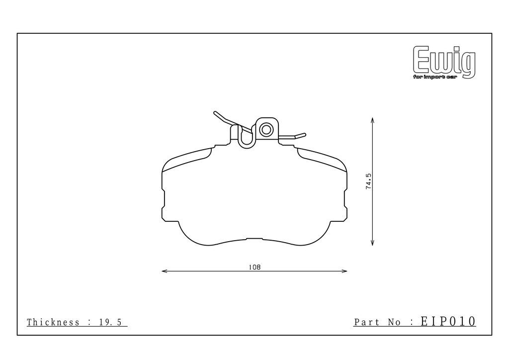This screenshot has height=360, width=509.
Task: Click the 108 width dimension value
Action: point(254,268)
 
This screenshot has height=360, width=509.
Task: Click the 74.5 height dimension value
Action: point(368,181)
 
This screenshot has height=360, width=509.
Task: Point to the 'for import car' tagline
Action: point(435,77)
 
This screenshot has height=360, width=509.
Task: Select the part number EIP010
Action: point(448,321)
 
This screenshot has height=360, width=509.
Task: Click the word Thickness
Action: point(53,322)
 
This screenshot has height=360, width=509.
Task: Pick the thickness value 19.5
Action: point(110,322)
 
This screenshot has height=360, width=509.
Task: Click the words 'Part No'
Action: point(377,322)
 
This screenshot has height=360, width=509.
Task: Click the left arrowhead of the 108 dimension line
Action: point(164,271)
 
